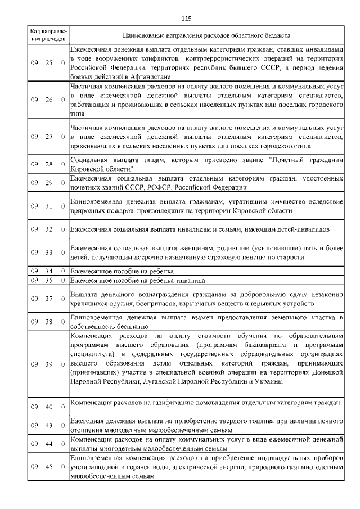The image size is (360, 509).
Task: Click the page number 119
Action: (x=187, y=19)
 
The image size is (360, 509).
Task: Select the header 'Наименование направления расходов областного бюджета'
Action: (x=206, y=35)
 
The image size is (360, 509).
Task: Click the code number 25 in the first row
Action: (x=49, y=63)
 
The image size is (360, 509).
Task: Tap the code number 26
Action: (x=49, y=100)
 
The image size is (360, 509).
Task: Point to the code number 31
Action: (x=49, y=206)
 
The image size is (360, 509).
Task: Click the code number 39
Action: (x=49, y=364)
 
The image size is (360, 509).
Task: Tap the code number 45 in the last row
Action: (x=49, y=466)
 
